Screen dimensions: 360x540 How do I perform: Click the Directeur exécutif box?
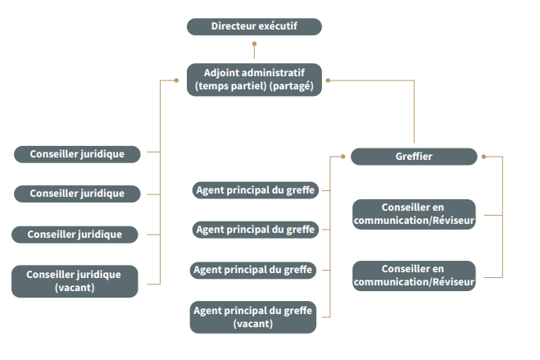[254, 27]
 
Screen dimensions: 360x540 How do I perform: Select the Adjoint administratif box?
[254, 80]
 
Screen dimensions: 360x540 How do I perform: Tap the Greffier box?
[414, 157]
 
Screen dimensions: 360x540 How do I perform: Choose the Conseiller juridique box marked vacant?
[75, 281]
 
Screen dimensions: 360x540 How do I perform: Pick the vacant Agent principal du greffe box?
[253, 317]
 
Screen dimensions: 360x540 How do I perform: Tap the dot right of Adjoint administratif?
[328, 80]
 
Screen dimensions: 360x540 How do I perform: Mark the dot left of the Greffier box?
[341, 156]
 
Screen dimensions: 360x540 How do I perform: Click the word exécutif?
[277, 27]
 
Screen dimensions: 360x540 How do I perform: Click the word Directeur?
[233, 27]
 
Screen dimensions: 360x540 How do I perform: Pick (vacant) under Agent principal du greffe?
[253, 323]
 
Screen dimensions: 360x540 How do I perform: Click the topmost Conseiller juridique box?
[77, 153]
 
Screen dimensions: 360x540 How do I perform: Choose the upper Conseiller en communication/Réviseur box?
[414, 213]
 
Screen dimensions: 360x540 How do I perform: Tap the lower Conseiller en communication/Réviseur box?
[414, 276]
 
